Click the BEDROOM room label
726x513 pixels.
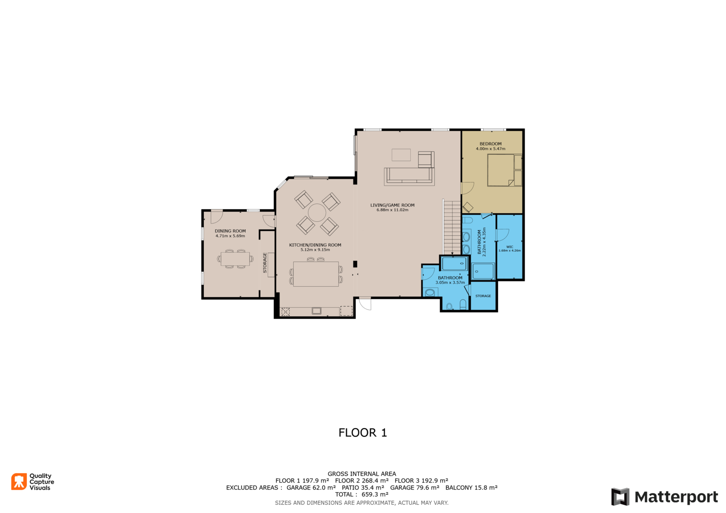click(491, 144)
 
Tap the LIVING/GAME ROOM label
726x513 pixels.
click(392, 205)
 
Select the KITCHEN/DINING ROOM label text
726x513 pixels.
click(315, 245)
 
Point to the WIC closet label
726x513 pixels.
click(510, 247)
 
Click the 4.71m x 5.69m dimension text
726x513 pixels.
click(230, 236)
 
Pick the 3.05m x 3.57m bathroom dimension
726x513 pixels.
click(450, 282)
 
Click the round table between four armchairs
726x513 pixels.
click(317, 213)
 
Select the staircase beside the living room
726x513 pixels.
click(452, 227)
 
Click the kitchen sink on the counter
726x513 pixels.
click(316, 311)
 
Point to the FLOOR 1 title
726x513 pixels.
click(363, 433)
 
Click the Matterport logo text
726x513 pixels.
click(676, 497)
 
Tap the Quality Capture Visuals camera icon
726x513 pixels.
click(19, 481)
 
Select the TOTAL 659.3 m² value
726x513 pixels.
click(362, 494)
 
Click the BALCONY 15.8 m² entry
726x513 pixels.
click(471, 488)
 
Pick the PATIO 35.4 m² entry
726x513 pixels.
click(363, 488)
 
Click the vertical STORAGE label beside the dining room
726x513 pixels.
click(265, 263)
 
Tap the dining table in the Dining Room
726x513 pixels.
click(235, 259)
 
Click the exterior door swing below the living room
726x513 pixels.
click(365, 303)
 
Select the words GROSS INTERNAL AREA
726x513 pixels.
click(362, 474)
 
